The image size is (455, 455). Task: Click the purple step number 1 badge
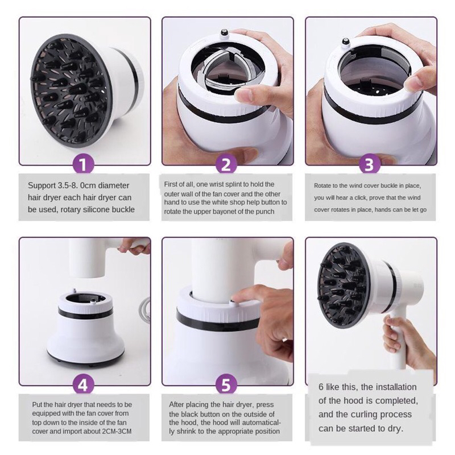click(82, 164)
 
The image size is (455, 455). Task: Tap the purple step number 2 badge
click(226, 164)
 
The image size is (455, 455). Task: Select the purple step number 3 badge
click(369, 164)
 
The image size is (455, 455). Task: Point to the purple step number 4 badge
click(82, 385)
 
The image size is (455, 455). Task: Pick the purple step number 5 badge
click(226, 385)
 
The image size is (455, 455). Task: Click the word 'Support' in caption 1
click(42, 186)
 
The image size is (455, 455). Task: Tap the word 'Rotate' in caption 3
click(321, 186)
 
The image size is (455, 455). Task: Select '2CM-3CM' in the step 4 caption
click(117, 432)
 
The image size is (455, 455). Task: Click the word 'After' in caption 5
click(176, 404)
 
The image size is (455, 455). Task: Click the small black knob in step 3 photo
click(345, 41)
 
